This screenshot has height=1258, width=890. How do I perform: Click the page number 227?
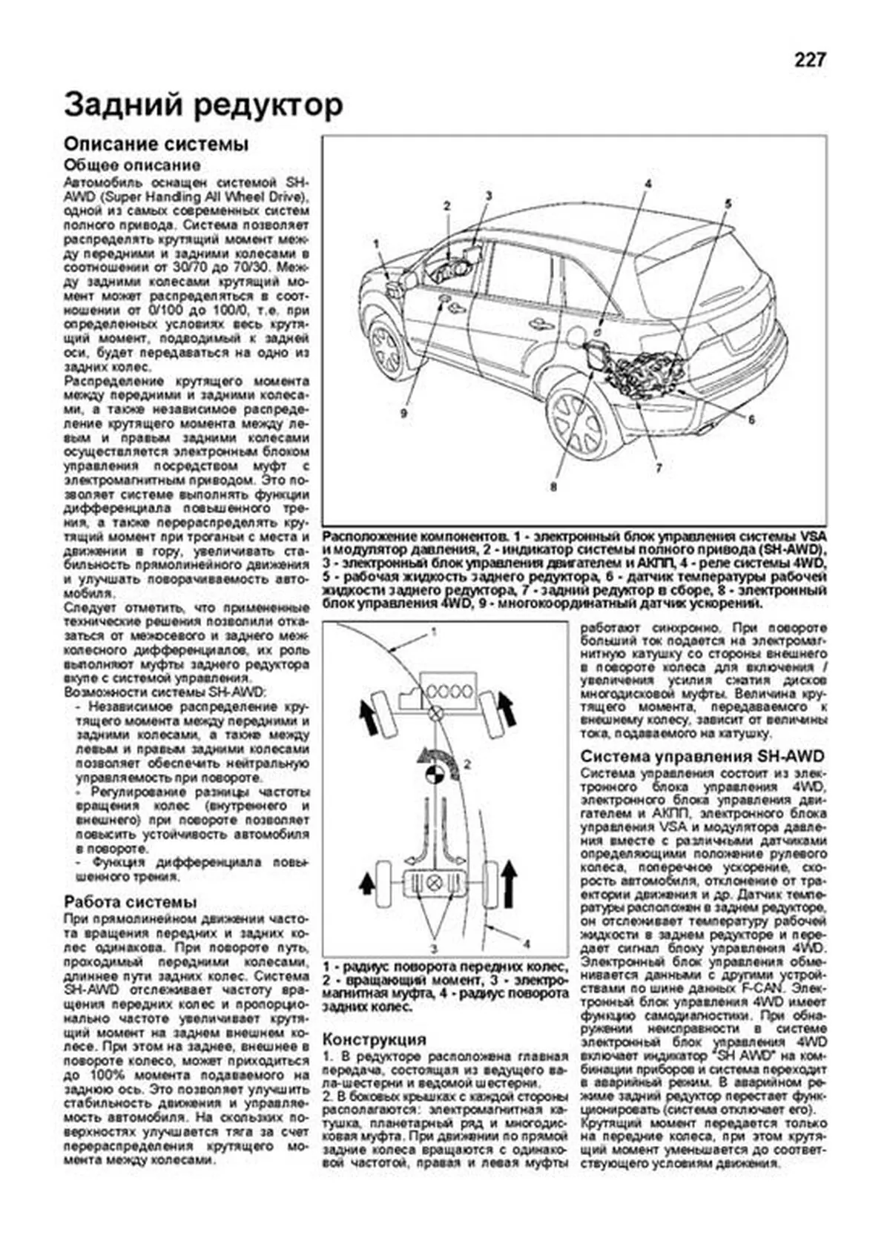[809, 60]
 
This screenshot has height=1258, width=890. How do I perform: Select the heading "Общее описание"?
[132, 165]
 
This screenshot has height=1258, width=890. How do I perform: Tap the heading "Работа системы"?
[131, 901]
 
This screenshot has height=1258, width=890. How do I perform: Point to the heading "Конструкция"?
[375, 1039]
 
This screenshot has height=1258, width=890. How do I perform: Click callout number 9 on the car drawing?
[403, 413]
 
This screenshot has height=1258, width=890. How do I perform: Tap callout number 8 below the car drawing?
[553, 487]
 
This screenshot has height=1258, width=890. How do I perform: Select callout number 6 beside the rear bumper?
[751, 420]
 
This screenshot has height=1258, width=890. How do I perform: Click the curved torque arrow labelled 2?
[438, 757]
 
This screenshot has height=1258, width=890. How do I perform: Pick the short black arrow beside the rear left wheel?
[366, 883]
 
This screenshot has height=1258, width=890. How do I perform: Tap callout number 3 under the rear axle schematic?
[434, 948]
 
